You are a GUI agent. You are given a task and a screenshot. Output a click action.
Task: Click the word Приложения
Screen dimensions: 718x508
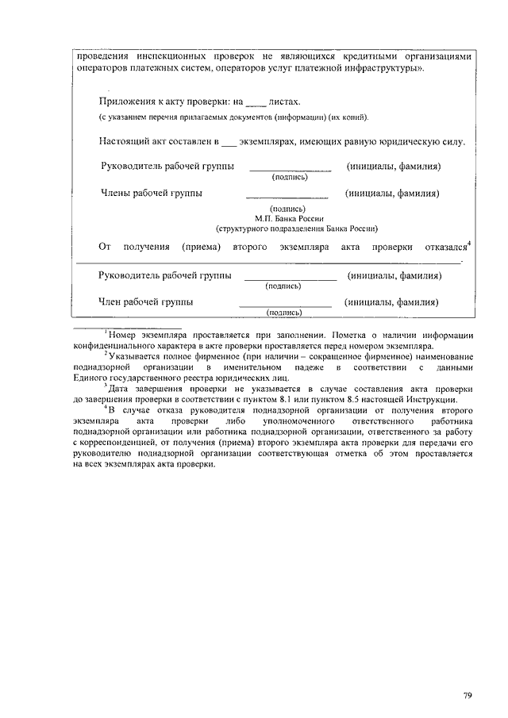pyautogui.click(x=128, y=102)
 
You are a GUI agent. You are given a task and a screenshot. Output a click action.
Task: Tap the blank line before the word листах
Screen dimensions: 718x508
pyautogui.click(x=256, y=104)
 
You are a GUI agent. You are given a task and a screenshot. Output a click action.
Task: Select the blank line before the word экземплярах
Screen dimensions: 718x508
pyautogui.click(x=229, y=143)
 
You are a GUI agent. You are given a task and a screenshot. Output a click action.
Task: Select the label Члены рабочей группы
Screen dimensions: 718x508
pyautogui.click(x=151, y=193)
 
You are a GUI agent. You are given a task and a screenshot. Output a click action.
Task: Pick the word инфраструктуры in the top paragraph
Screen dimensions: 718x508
pyautogui.click(x=385, y=69)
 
